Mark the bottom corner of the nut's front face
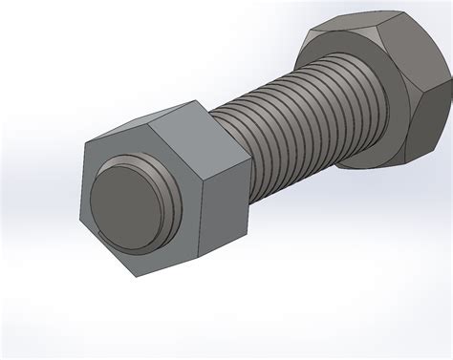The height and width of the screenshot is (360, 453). [x=133, y=278]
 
